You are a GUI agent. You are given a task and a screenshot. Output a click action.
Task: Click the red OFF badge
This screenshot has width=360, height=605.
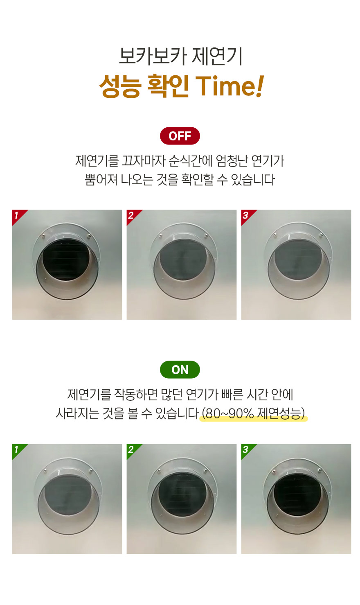point(180,136)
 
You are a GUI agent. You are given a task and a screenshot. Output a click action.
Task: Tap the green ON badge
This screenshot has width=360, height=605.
point(180,370)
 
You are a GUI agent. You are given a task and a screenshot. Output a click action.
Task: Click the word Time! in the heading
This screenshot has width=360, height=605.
point(229,86)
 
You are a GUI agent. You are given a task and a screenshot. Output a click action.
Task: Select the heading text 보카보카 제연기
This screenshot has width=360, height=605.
point(180,56)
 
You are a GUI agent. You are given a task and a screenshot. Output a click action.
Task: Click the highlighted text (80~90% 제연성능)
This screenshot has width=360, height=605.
point(253,413)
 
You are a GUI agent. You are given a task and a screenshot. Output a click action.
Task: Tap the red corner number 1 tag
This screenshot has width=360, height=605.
point(18,216)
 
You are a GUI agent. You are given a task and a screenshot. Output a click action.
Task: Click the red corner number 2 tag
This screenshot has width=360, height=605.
point(132,216)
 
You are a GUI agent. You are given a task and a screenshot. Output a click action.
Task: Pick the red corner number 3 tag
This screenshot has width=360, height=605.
point(246,216)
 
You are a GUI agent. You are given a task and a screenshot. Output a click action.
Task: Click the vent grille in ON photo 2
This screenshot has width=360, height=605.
point(182,494)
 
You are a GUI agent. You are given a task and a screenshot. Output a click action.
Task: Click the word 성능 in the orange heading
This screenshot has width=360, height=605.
point(120,86)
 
